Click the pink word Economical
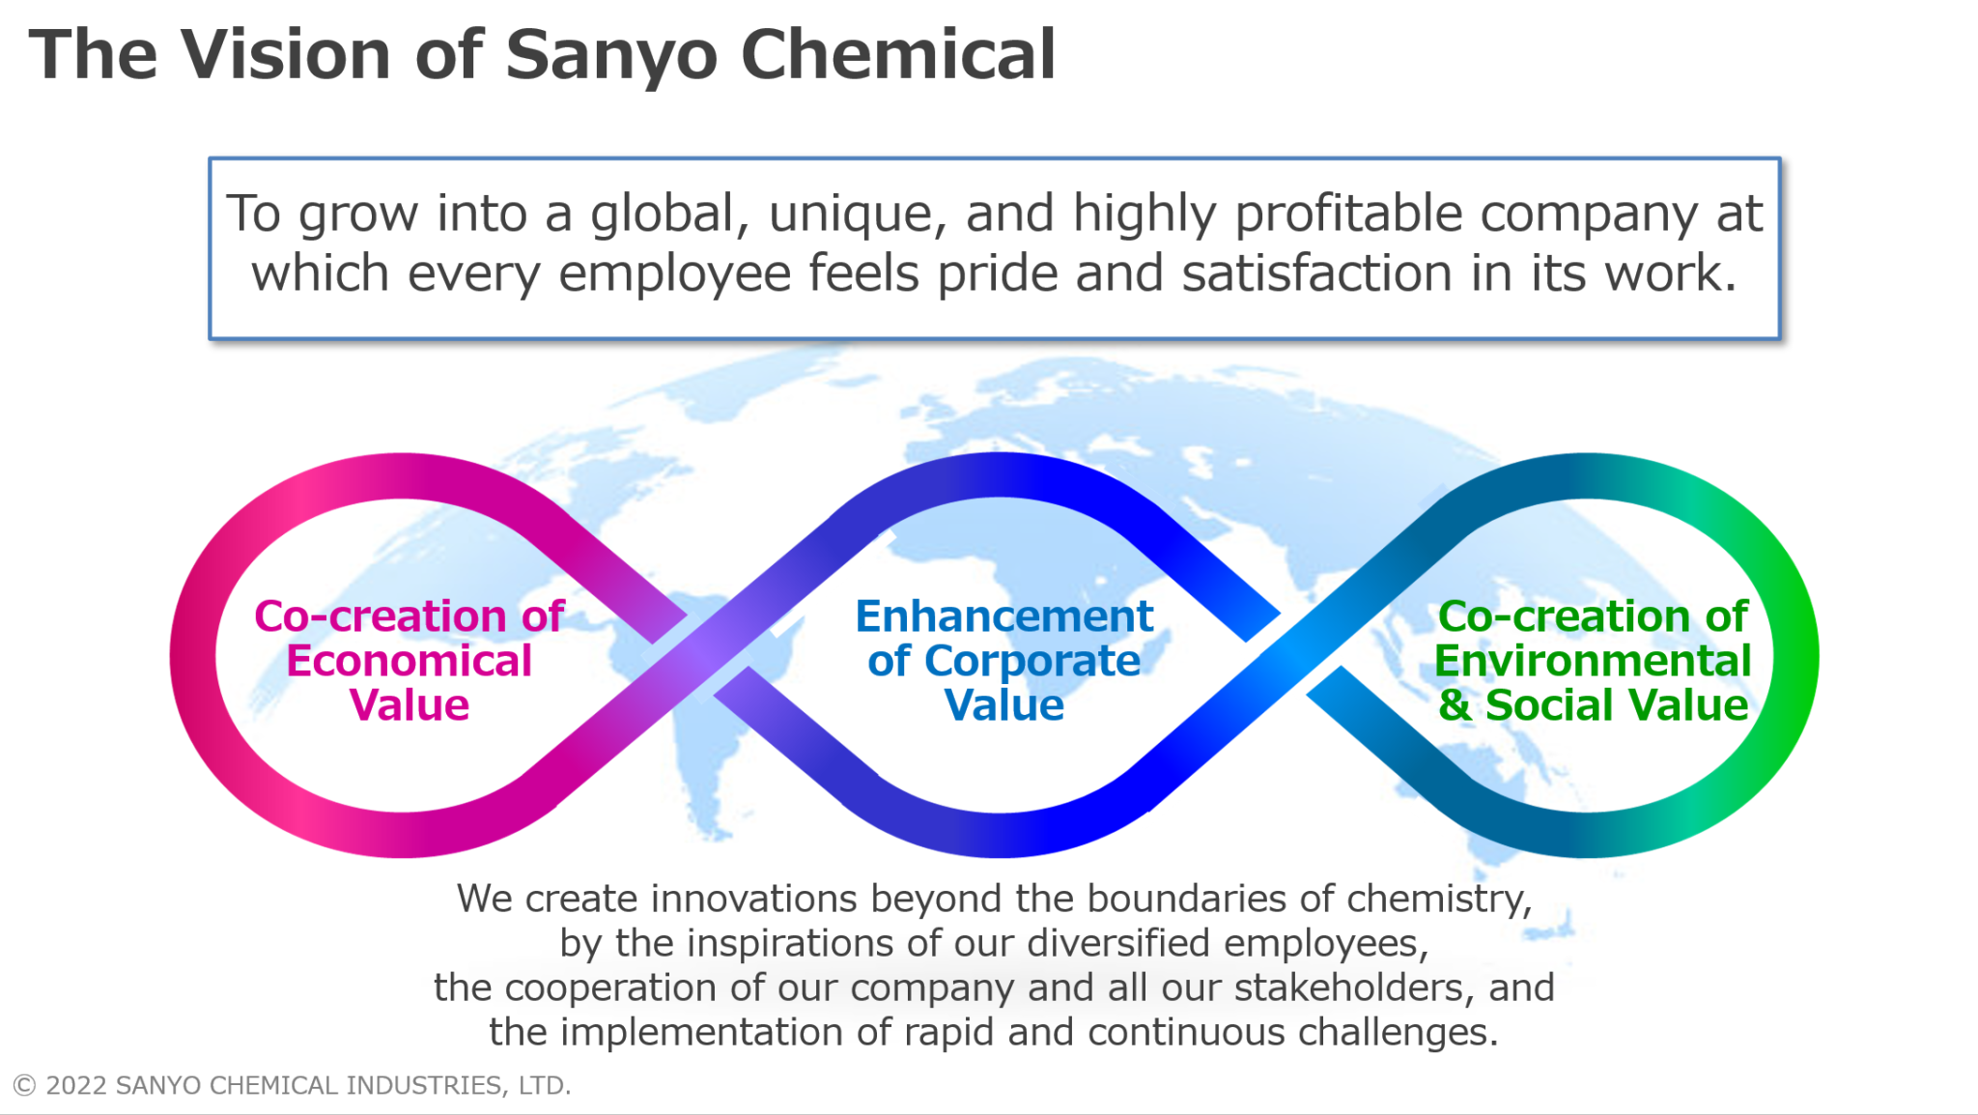(x=409, y=662)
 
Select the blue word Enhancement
(x=1003, y=616)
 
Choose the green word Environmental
(x=1592, y=662)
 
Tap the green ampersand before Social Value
(x=1454, y=705)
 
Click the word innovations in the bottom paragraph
(x=754, y=899)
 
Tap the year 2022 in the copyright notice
(x=75, y=1086)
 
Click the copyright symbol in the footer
(x=24, y=1086)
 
